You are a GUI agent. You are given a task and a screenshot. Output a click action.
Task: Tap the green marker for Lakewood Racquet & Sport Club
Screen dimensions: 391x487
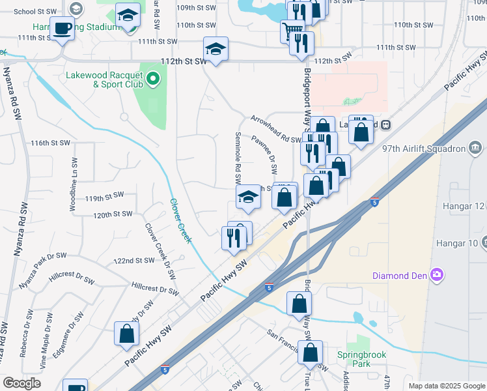tap(154, 80)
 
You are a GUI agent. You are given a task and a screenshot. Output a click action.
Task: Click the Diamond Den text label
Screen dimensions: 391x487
tap(398, 275)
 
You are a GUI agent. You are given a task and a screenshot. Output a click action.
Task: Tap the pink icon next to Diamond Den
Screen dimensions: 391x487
tap(436, 275)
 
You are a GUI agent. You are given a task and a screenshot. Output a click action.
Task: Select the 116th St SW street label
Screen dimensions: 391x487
tap(49, 143)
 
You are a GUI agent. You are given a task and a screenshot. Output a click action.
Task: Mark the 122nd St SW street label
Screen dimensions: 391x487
tap(133, 260)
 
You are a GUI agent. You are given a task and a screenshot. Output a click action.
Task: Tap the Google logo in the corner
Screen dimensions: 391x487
tap(21, 383)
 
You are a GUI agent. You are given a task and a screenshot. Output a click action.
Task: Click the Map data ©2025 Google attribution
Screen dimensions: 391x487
tap(445, 386)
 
